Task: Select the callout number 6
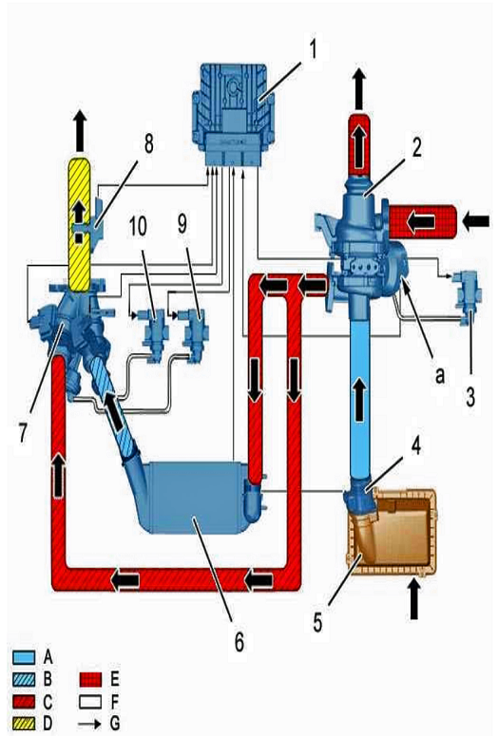click(x=239, y=641)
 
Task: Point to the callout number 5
click(x=318, y=622)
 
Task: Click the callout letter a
click(x=439, y=375)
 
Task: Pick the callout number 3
click(x=470, y=397)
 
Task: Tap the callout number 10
click(x=138, y=227)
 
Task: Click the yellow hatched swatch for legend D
click(x=24, y=724)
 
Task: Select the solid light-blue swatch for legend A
click(x=24, y=656)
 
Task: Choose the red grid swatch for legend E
click(x=90, y=679)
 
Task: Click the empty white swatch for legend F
click(x=90, y=702)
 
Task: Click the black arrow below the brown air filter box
click(x=414, y=598)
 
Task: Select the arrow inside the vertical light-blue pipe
click(x=359, y=400)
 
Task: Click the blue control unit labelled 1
click(x=230, y=115)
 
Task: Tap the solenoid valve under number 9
click(x=194, y=334)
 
